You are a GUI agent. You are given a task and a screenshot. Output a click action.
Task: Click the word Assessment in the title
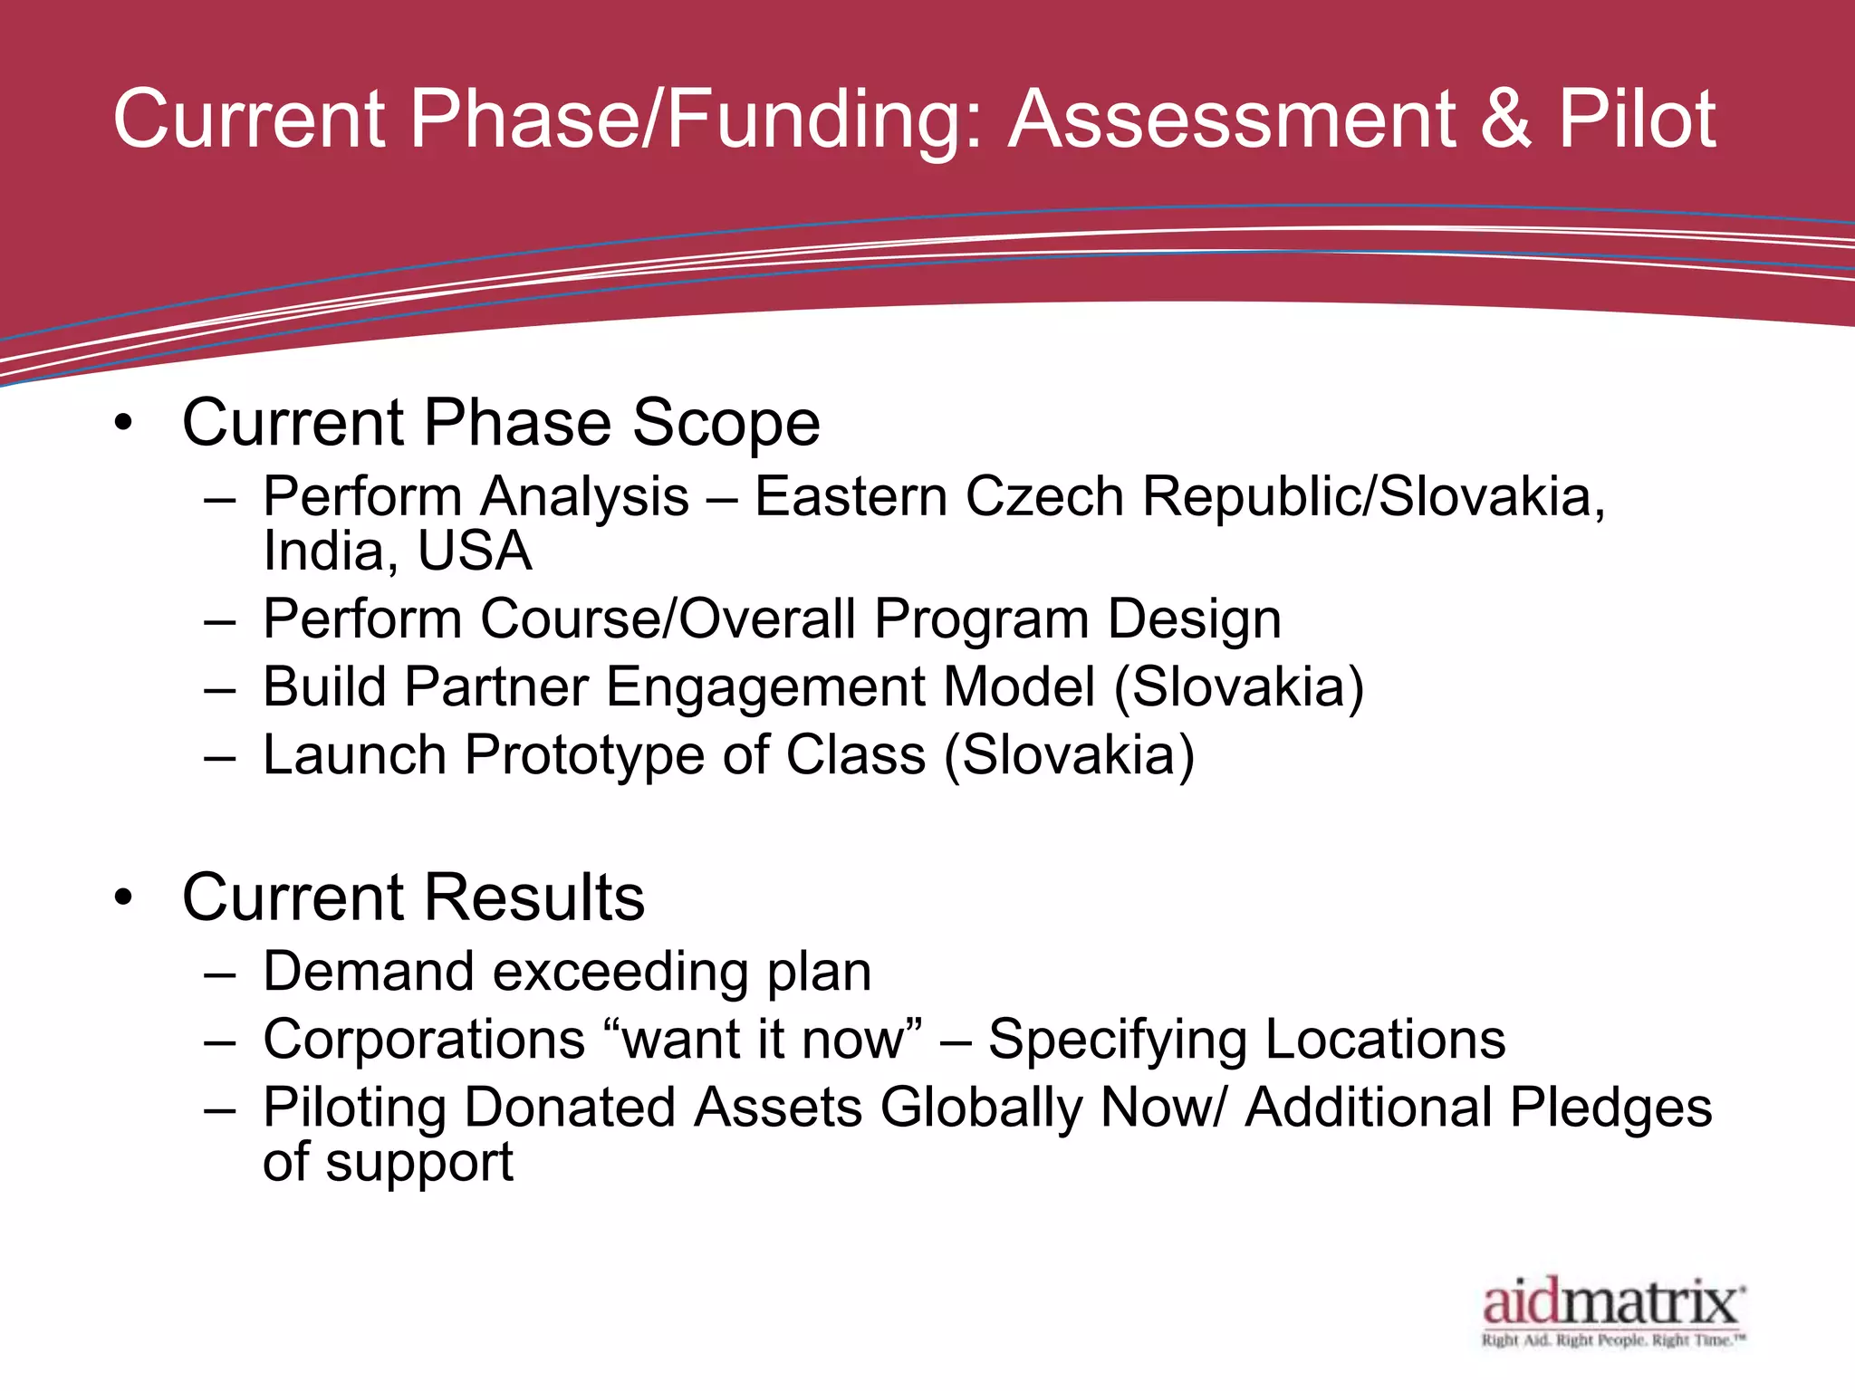pos(1232,120)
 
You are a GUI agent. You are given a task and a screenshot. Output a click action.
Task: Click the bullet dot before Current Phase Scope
pos(124,424)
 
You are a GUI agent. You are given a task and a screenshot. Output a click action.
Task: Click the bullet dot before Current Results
pos(124,898)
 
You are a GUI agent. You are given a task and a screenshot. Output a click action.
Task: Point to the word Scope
pos(726,424)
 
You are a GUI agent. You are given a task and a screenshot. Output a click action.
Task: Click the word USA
pos(475,552)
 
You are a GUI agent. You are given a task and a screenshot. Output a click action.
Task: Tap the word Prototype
pos(584,756)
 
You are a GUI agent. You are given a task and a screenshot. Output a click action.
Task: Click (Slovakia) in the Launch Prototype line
pos(1069,756)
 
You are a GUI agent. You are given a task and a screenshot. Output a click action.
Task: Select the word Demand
pos(368,972)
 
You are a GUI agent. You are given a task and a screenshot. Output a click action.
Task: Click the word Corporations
pos(424,1040)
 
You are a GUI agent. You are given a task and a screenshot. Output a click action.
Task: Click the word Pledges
pos(1610,1108)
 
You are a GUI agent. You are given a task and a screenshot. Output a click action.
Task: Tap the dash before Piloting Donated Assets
pos(220,1109)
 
